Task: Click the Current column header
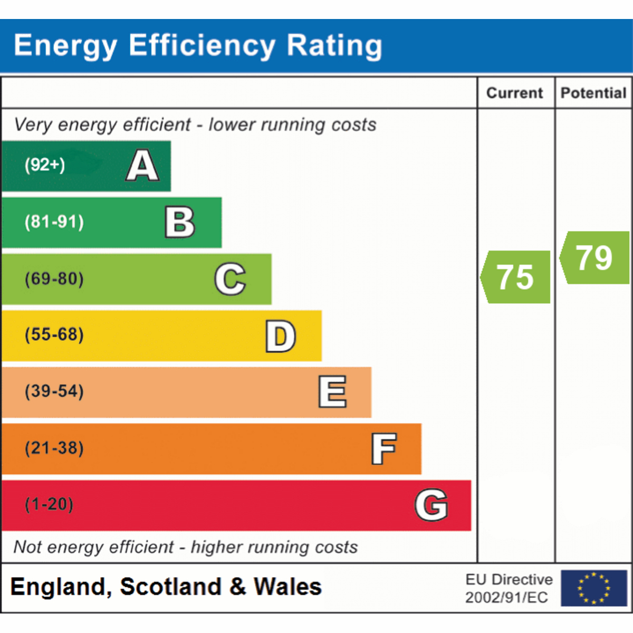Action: pyautogui.click(x=514, y=93)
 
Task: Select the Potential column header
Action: pyautogui.click(x=593, y=93)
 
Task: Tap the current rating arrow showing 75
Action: pyautogui.click(x=515, y=277)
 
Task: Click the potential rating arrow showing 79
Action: pyautogui.click(x=594, y=258)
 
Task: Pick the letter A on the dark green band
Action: pyautogui.click(x=142, y=166)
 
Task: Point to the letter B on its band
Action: pyautogui.click(x=180, y=222)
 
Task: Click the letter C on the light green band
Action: pyautogui.click(x=231, y=279)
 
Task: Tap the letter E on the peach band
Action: pyautogui.click(x=333, y=392)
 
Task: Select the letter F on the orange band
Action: pyautogui.click(x=384, y=449)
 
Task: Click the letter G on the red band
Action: pyautogui.click(x=431, y=505)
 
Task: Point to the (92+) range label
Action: pyautogui.click(x=45, y=165)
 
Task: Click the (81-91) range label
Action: pyautogui.click(x=54, y=222)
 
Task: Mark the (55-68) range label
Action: pyautogui.click(x=54, y=335)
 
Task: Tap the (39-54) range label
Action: pyautogui.click(x=54, y=391)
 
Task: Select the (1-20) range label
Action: pyautogui.click(x=49, y=504)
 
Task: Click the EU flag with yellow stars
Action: pyautogui.click(x=593, y=588)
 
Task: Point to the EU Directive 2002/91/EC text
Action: pyautogui.click(x=509, y=588)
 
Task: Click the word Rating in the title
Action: pyautogui.click(x=334, y=45)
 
